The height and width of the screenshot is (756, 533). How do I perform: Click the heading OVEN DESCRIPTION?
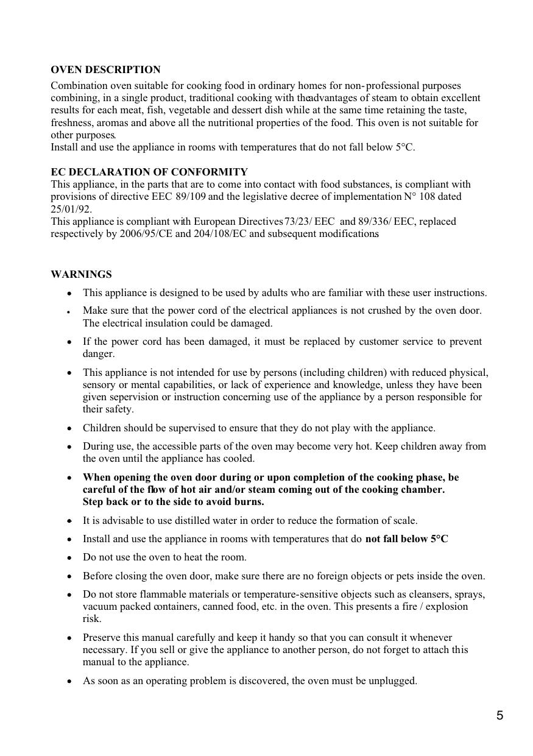click(x=105, y=70)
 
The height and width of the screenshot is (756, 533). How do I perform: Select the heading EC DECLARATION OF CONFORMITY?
click(x=149, y=172)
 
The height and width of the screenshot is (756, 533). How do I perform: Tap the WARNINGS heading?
click(x=81, y=274)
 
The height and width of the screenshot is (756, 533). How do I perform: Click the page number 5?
click(x=499, y=716)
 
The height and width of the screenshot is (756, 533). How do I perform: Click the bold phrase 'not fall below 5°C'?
click(x=406, y=539)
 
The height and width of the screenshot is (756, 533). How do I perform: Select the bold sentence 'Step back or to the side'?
click(x=173, y=502)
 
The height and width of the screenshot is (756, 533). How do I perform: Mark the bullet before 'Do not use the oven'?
click(x=70, y=557)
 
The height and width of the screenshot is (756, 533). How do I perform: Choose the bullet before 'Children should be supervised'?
click(x=70, y=428)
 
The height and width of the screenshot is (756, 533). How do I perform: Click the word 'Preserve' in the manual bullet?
click(x=102, y=637)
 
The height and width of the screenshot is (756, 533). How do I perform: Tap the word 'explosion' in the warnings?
click(x=447, y=606)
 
